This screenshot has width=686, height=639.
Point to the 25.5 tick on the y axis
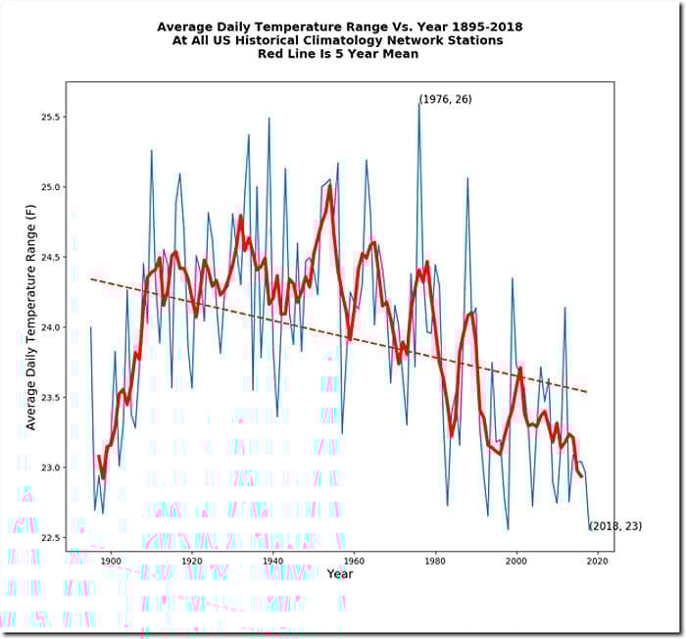[52, 117]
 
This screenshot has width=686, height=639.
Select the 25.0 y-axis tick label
[52, 187]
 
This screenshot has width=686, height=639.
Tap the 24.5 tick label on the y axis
[52, 257]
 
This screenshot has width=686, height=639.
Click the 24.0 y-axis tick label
[52, 327]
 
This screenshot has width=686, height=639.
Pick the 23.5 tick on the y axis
[52, 397]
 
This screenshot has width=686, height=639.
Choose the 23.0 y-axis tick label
[52, 467]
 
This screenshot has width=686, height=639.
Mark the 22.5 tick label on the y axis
[52, 537]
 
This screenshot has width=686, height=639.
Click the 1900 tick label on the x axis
[111, 562]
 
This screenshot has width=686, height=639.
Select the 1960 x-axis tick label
[355, 562]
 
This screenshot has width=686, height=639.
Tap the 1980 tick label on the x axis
[436, 562]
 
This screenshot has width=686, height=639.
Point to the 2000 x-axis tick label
[517, 562]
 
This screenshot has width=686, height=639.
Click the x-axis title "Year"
[340, 573]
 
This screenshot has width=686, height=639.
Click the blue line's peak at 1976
[419, 102]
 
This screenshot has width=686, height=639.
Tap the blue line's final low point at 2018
[590, 529]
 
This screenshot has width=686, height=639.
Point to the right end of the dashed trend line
[587, 393]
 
